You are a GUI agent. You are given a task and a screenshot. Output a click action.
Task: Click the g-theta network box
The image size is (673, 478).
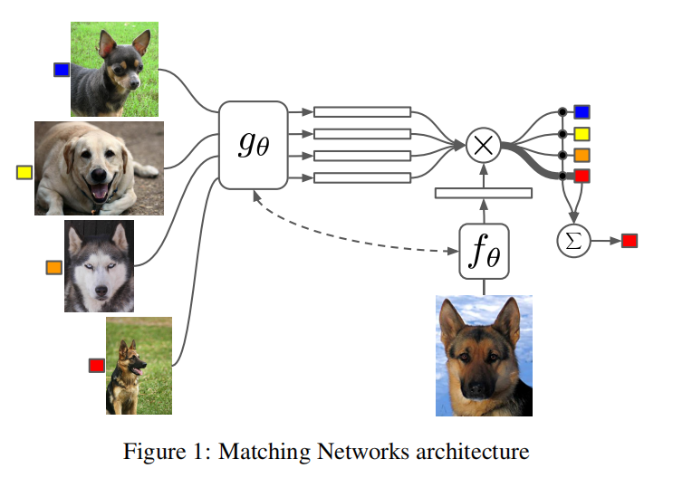pyautogui.click(x=253, y=145)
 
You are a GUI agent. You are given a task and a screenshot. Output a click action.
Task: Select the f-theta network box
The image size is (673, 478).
pyautogui.click(x=483, y=252)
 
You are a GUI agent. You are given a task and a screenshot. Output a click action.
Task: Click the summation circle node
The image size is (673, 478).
pyautogui.click(x=572, y=240)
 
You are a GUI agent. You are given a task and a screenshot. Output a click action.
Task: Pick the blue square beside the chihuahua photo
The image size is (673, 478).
pyautogui.click(x=62, y=70)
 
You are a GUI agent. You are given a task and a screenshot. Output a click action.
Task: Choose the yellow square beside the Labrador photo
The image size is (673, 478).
pyautogui.click(x=24, y=171)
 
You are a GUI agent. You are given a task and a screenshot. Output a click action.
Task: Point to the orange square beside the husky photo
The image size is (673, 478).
pyautogui.click(x=54, y=267)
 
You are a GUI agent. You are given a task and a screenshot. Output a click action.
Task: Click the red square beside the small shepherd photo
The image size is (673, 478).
pyautogui.click(x=96, y=365)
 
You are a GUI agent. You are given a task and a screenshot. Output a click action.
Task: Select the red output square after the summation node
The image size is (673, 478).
pyautogui.click(x=630, y=240)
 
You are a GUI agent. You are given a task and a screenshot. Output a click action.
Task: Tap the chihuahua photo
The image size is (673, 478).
pyautogui.click(x=114, y=69)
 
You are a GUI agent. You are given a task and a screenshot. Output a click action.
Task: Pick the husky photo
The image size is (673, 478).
pyautogui.click(x=99, y=266)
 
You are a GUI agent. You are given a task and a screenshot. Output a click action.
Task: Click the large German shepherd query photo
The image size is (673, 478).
pyautogui.click(x=484, y=355)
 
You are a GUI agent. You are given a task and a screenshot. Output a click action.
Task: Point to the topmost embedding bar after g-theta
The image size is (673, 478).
pyautogui.click(x=362, y=112)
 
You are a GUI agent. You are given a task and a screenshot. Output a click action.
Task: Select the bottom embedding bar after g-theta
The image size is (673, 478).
pyautogui.click(x=362, y=177)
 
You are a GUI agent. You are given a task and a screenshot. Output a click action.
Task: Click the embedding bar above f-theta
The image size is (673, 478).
pyautogui.click(x=483, y=192)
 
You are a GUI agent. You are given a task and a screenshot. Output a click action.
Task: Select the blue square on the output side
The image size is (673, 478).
pyautogui.click(x=582, y=111)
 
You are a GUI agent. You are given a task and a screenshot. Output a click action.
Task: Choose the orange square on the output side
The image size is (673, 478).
pyautogui.click(x=582, y=155)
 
